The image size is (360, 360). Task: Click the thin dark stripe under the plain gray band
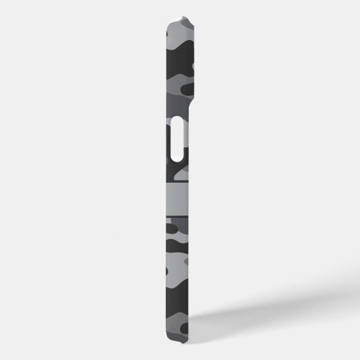[178, 217]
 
